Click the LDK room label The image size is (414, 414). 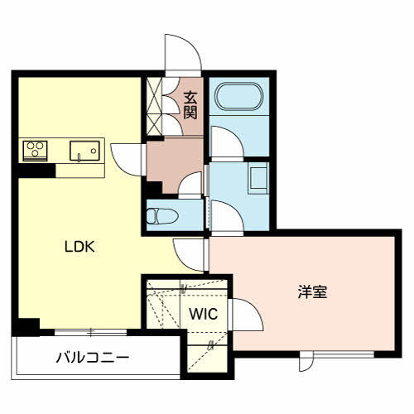79,247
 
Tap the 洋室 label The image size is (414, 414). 312,291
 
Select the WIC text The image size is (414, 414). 204,314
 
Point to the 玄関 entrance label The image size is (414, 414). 190,105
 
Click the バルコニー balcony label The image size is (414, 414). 93,358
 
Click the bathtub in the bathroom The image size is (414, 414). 239,97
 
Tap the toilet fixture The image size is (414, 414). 161,216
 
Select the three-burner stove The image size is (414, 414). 35,151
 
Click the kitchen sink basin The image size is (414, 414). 84,151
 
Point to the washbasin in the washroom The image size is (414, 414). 258,178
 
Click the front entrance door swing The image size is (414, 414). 183,54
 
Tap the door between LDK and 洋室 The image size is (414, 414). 190,255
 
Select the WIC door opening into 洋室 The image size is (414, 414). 247,315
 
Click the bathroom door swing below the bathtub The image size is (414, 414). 227,142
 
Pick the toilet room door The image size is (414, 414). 190,185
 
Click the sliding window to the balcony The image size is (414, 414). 91,332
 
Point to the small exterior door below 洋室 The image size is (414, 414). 306,362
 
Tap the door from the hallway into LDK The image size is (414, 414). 128,160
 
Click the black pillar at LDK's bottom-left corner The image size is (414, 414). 26,327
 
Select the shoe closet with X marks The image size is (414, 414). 154,107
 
